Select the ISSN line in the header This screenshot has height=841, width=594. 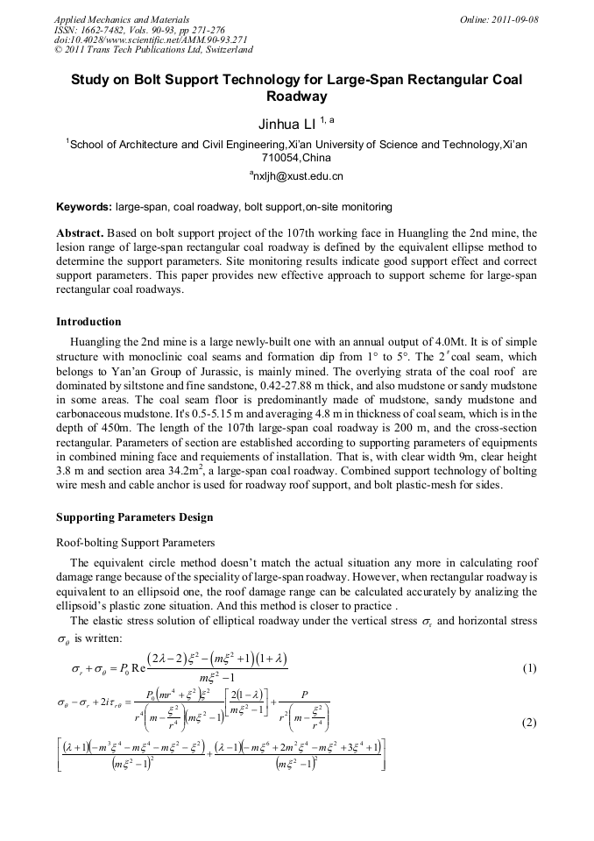139,29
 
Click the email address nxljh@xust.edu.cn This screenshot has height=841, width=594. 298,176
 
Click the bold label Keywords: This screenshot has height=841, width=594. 84,207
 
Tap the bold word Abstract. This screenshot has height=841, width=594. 80,233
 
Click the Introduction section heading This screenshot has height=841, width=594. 88,322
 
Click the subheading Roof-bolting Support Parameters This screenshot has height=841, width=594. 135,543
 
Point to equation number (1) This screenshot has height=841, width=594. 529,668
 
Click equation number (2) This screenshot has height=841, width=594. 529,723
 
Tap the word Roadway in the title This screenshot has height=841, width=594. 296,96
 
